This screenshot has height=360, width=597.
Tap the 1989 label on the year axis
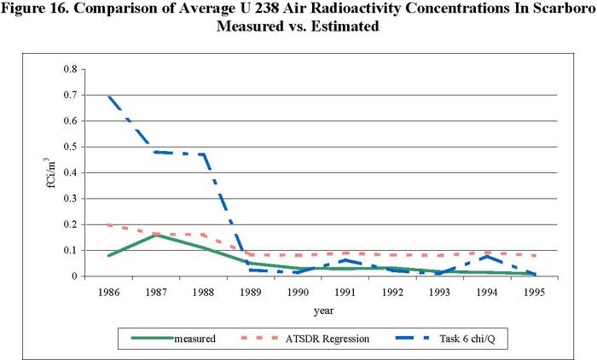click(276, 291)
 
